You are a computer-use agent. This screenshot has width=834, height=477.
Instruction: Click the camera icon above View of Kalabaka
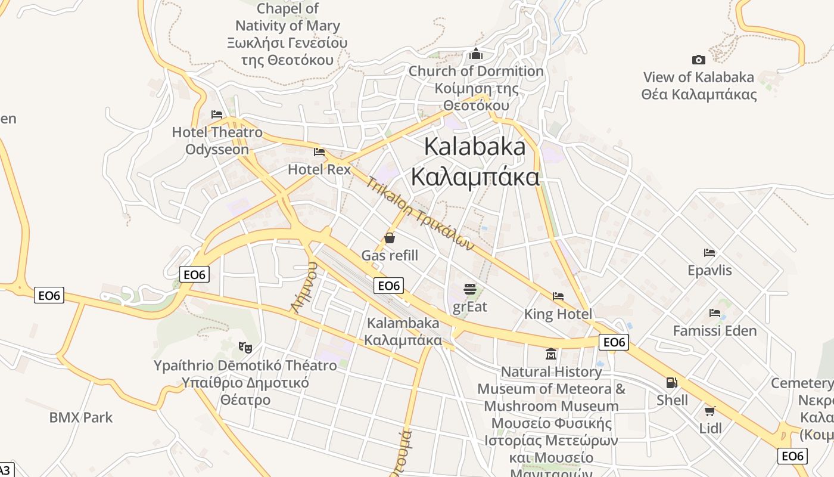click(699, 60)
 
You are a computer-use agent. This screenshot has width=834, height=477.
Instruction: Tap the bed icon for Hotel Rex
click(319, 152)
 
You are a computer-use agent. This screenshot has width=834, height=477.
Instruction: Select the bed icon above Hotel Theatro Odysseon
click(217, 114)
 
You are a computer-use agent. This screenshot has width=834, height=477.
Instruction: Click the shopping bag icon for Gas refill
click(390, 238)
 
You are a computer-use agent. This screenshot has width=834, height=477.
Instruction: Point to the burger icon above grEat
click(470, 290)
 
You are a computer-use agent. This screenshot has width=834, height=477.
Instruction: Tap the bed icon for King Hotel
click(558, 296)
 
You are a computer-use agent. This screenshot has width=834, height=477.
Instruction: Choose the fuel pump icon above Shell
click(672, 383)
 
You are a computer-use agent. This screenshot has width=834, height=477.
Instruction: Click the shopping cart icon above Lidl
click(710, 411)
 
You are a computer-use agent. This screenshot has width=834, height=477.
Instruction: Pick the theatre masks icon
click(243, 346)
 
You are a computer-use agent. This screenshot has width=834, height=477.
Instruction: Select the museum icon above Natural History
click(551, 354)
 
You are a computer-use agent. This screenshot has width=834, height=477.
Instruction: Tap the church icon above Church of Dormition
click(476, 54)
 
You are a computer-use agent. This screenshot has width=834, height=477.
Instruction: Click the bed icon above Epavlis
click(709, 253)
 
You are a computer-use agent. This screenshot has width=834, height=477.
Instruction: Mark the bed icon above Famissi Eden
click(715, 313)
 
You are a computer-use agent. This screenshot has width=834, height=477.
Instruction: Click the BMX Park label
click(81, 417)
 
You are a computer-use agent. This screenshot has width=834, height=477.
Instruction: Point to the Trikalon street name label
click(419, 213)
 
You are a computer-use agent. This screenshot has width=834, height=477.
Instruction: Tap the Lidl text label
click(711, 428)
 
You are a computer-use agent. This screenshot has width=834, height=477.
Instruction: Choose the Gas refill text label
click(390, 256)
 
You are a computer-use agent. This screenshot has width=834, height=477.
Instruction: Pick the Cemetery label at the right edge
click(803, 383)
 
